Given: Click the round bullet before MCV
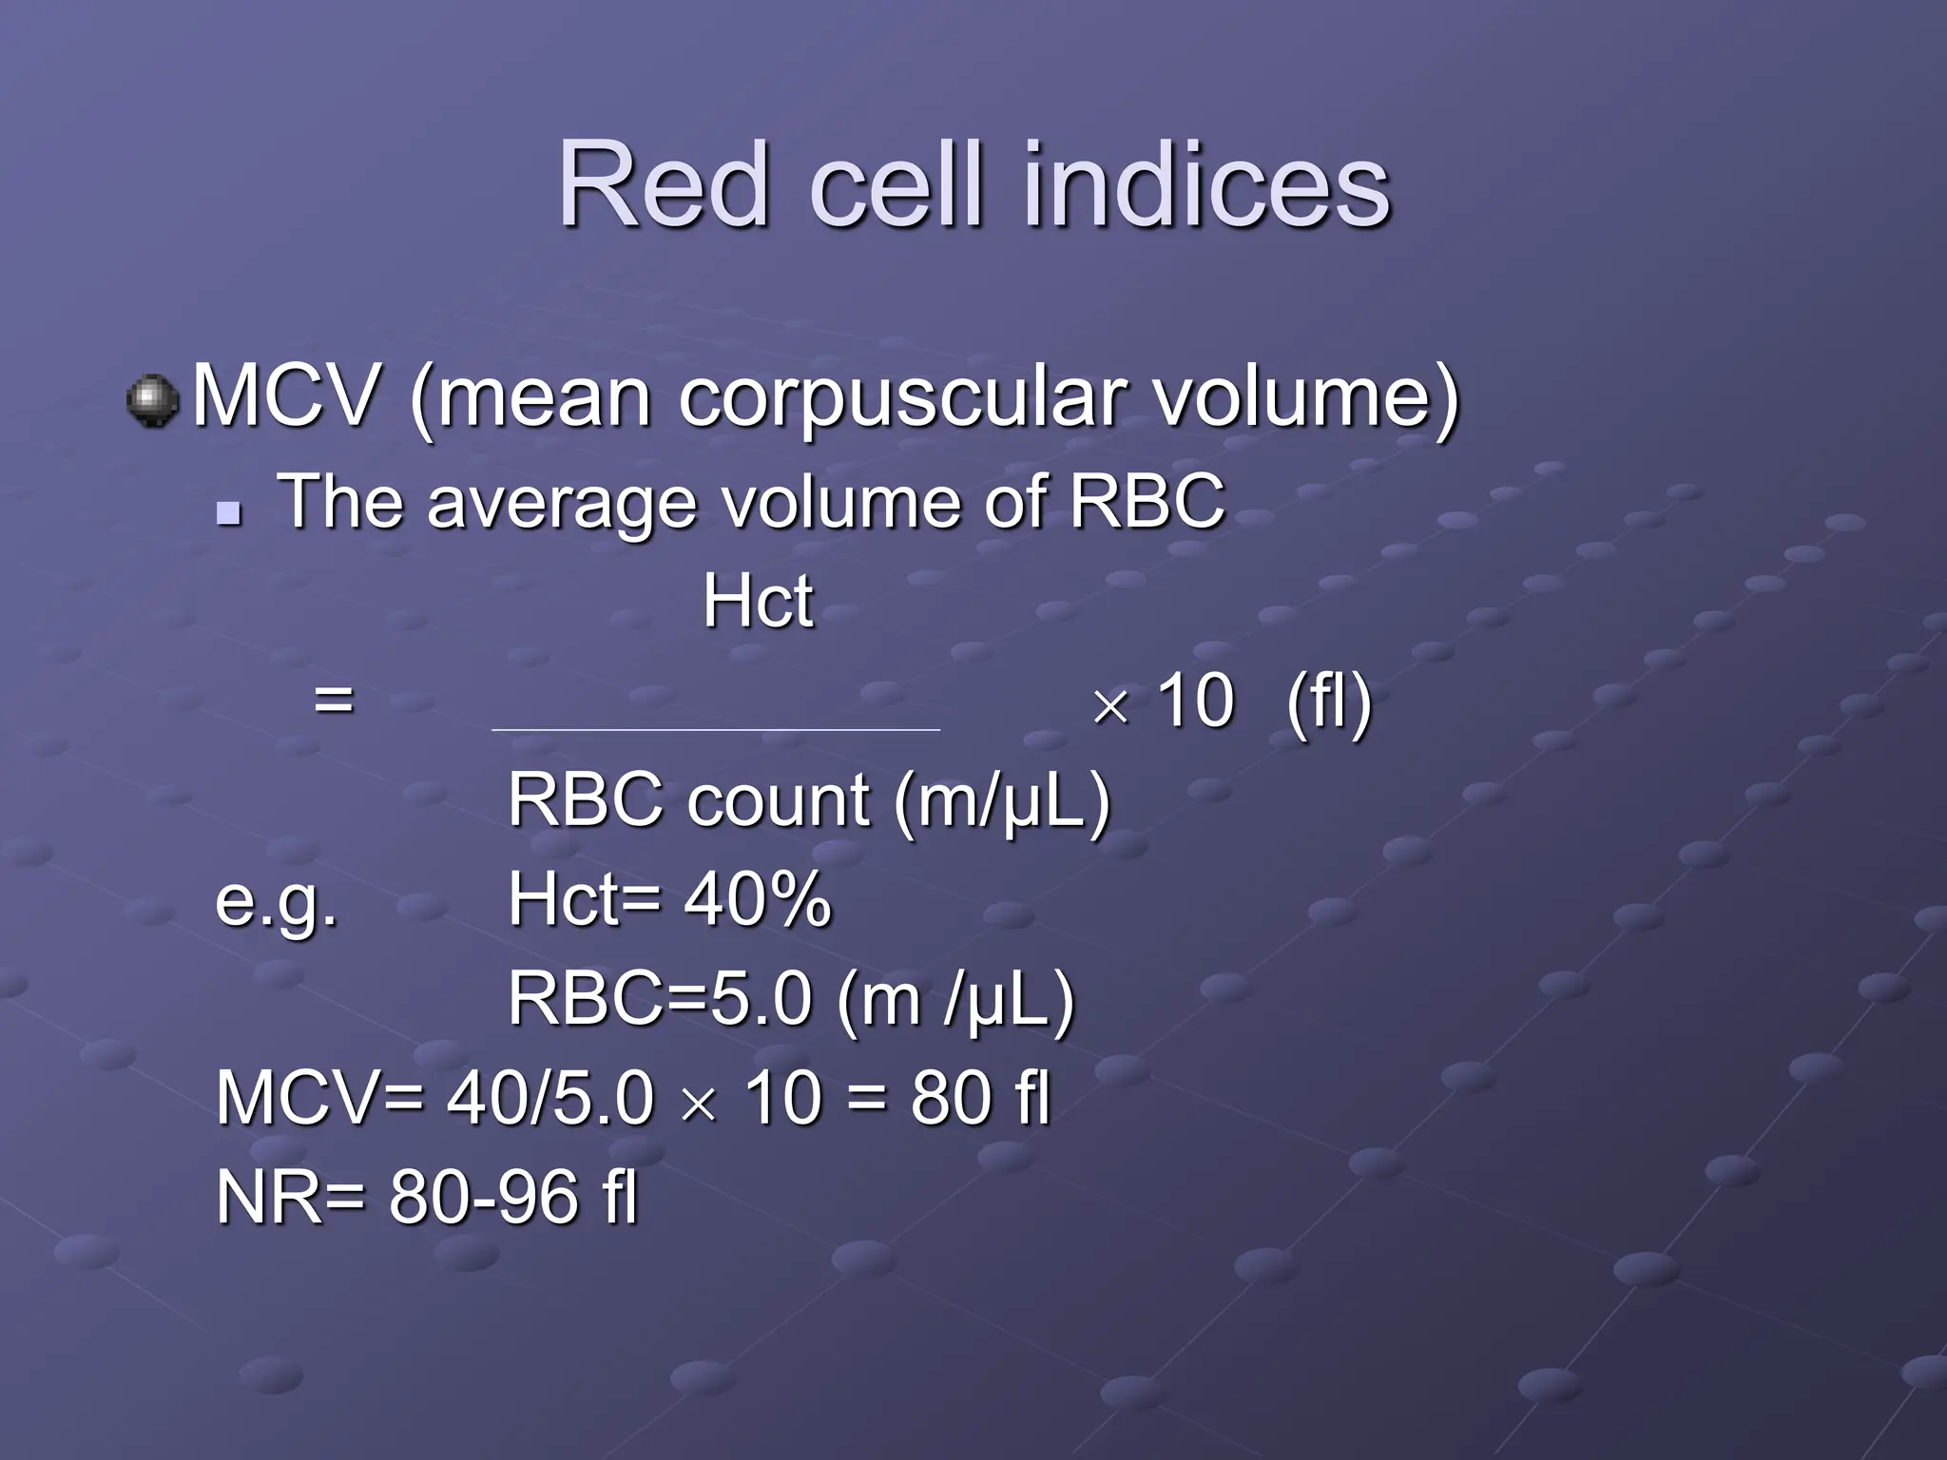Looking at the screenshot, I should [x=152, y=401].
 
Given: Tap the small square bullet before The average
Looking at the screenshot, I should [x=228, y=515].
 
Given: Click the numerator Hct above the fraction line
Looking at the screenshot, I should [x=758, y=602].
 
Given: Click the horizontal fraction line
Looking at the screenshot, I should [x=715, y=730].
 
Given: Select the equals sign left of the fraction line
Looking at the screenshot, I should [x=334, y=701].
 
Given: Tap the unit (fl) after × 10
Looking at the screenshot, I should [x=1328, y=701].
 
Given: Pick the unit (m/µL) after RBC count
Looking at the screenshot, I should [x=1001, y=802].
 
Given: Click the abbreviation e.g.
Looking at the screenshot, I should [x=276, y=901].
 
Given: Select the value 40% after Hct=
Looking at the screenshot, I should [x=757, y=899].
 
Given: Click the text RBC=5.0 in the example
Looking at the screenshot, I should [x=660, y=1000].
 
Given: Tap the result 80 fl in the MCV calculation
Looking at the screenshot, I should [x=979, y=1099].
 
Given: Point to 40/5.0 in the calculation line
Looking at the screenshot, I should [x=550, y=1099].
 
